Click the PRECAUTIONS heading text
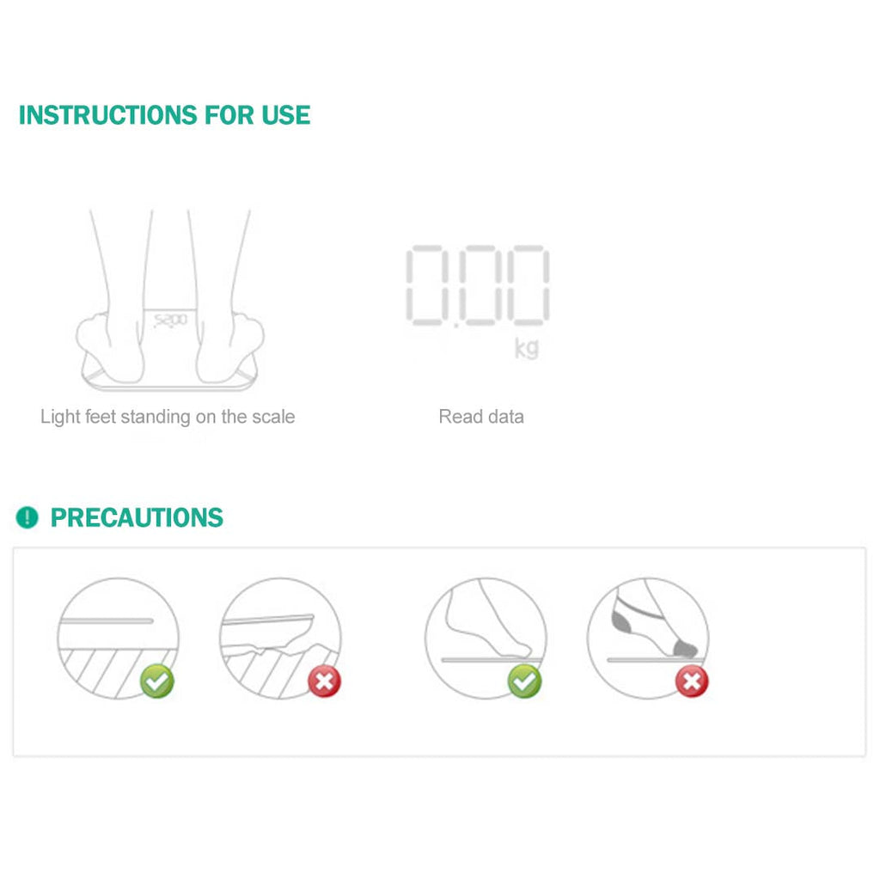click(137, 517)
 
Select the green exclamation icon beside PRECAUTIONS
click(27, 517)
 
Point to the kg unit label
click(526, 348)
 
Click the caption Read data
click(480, 417)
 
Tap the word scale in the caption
click(273, 417)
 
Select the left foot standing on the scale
click(110, 344)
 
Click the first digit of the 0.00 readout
click(435, 285)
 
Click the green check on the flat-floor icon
click(157, 681)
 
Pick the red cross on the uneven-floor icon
click(324, 682)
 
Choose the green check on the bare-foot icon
click(524, 682)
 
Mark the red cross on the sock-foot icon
click(691, 682)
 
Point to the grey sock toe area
click(685, 645)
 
